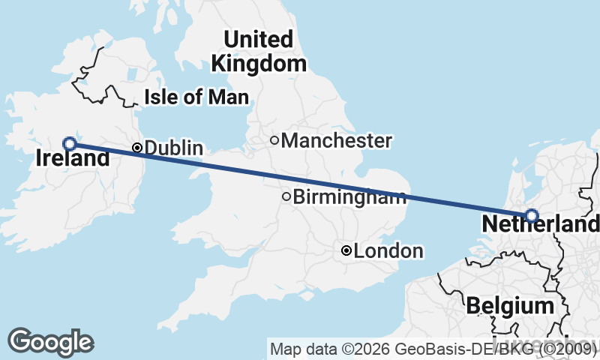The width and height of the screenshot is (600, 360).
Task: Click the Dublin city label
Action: click(x=173, y=148)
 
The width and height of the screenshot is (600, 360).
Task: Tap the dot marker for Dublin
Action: click(x=137, y=148)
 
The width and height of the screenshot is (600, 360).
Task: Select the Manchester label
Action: click(x=337, y=140)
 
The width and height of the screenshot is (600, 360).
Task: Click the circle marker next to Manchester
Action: click(x=274, y=139)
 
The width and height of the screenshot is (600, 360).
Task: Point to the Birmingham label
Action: click(x=349, y=197)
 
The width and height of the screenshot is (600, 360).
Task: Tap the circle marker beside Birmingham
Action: click(x=286, y=197)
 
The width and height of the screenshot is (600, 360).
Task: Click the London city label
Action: click(x=388, y=251)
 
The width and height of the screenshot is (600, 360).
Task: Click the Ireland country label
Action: click(x=73, y=159)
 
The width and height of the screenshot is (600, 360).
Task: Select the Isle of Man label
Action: click(x=196, y=97)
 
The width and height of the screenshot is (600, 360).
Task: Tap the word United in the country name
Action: click(x=258, y=39)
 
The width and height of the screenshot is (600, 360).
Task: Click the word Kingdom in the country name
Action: click(x=259, y=64)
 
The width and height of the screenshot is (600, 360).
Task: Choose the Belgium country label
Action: click(x=509, y=305)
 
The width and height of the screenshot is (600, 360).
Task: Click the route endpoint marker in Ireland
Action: click(x=69, y=143)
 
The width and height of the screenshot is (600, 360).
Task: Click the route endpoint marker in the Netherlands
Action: click(x=532, y=216)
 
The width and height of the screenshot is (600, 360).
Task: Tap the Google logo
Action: click(x=51, y=342)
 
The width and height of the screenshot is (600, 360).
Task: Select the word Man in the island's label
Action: click(x=232, y=97)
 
